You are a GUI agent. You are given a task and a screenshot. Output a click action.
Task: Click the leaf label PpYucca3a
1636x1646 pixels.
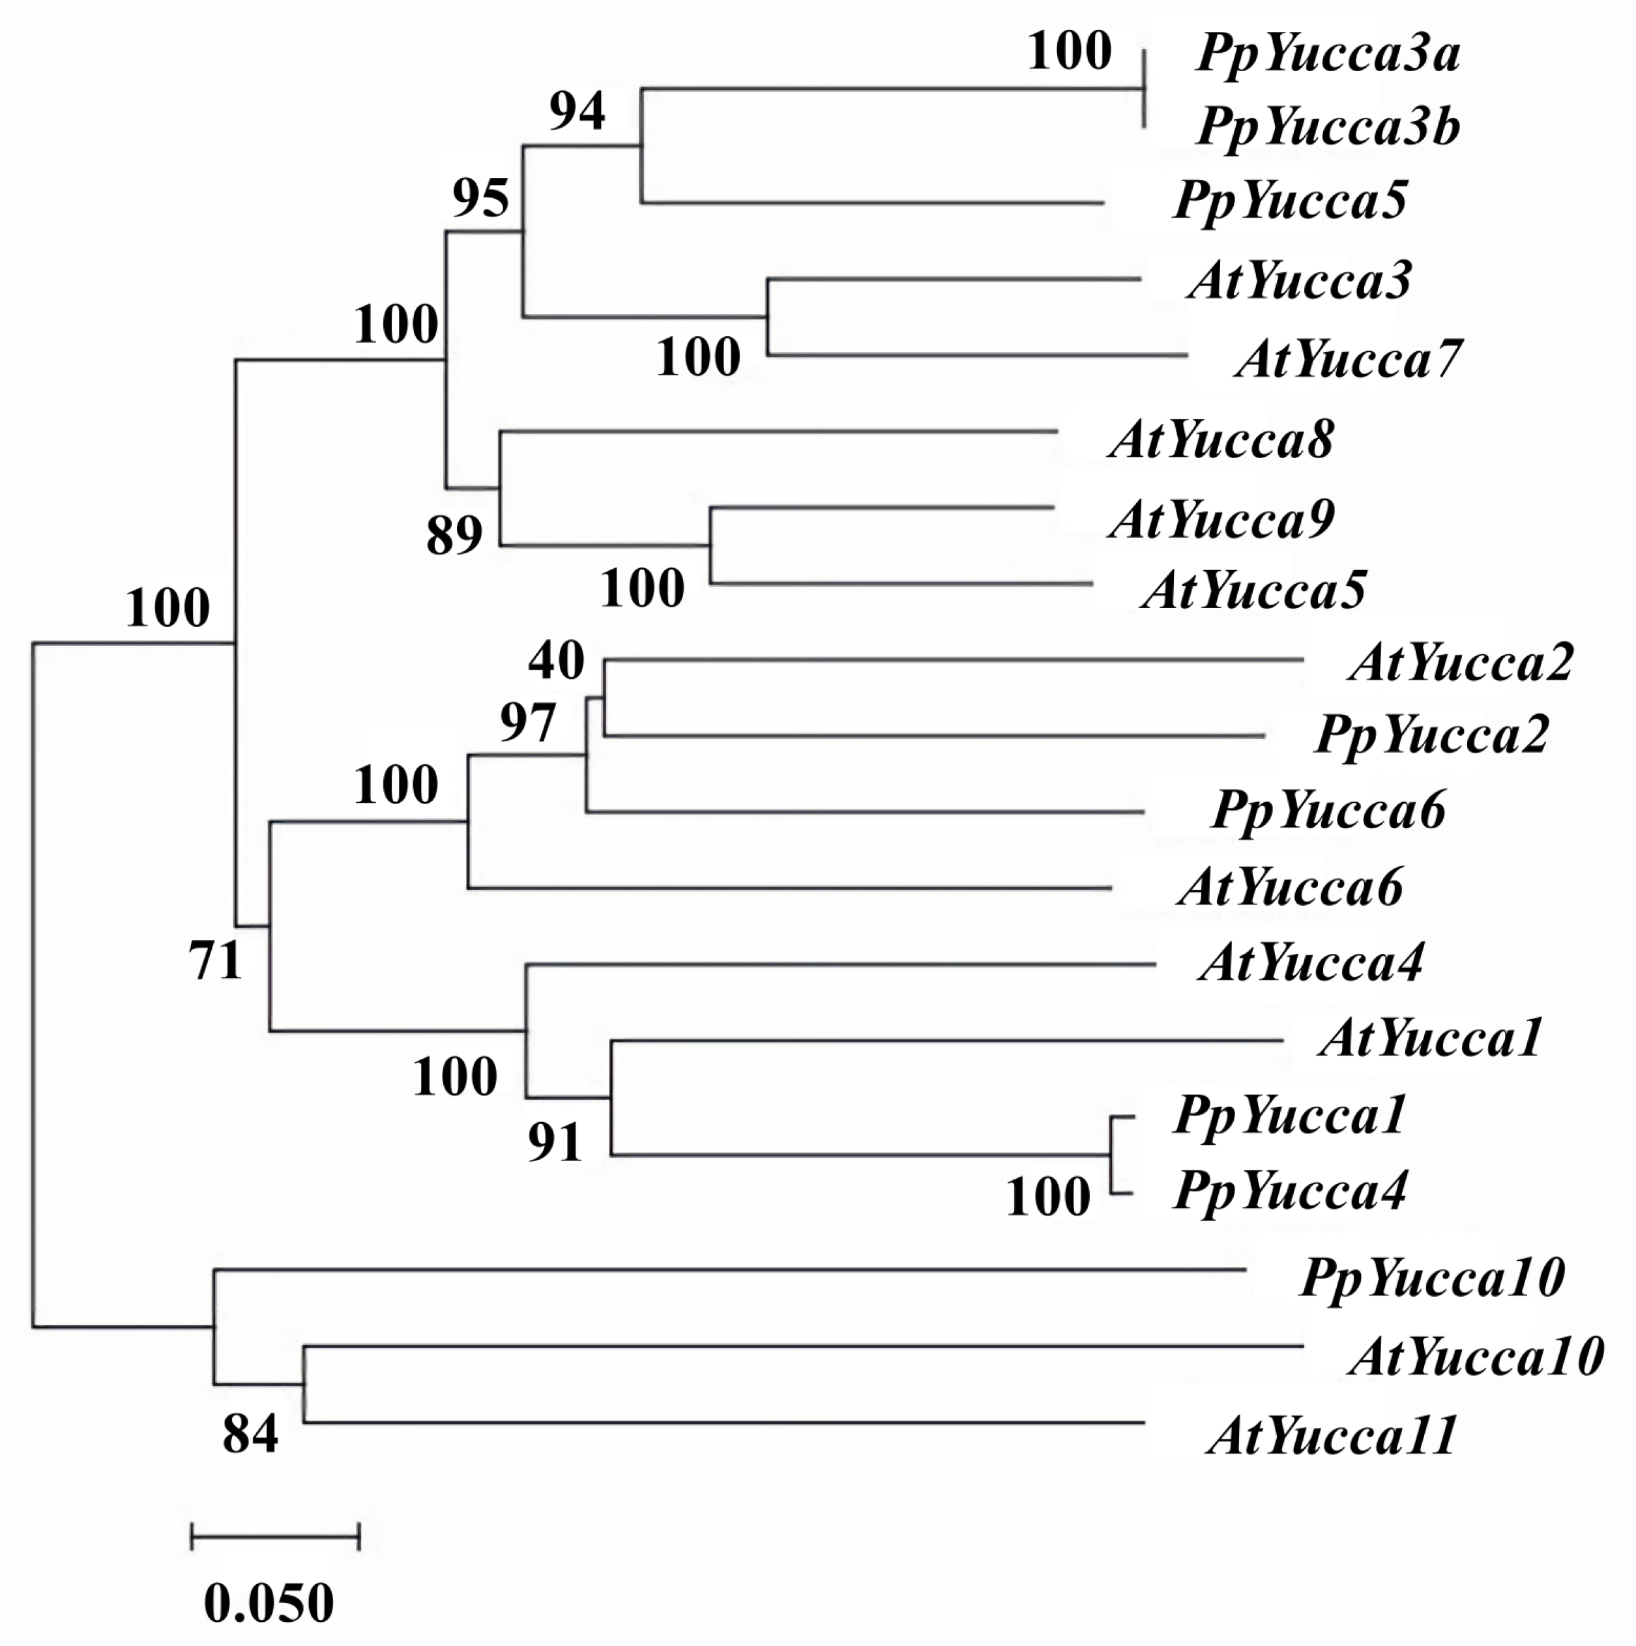coord(1328,55)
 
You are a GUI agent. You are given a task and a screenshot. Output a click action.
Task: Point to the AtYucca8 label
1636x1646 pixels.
coord(1221,441)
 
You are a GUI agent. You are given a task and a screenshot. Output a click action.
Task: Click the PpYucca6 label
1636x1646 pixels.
coord(1328,810)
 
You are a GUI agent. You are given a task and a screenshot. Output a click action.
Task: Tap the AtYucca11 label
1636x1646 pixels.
coord(1332,1436)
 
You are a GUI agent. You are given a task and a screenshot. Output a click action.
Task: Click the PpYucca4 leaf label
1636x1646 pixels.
coord(1290,1191)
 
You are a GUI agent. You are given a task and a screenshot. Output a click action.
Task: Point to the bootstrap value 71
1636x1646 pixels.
coord(216,962)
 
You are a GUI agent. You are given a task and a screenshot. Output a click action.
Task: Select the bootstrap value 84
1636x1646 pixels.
coord(250,1433)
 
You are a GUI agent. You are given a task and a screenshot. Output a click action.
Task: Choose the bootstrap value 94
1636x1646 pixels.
coord(577,111)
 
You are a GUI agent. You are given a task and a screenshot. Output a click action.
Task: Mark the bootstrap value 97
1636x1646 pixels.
coord(527,723)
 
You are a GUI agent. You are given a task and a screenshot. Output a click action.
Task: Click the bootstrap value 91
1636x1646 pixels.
coord(555,1142)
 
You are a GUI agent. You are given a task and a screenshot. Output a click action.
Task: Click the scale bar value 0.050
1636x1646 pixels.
coord(269,1602)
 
